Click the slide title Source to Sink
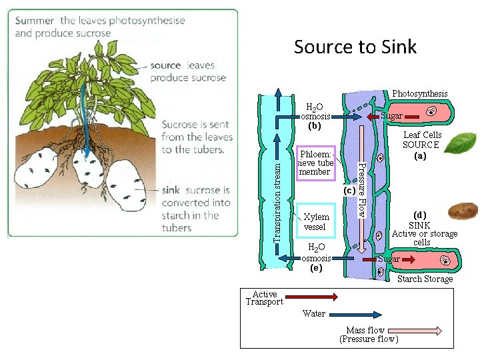(x=355, y=47)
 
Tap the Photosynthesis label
(x=419, y=94)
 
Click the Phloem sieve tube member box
(x=315, y=163)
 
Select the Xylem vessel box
(x=315, y=222)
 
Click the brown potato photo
(x=461, y=212)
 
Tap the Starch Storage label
(x=425, y=279)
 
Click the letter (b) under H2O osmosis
(x=315, y=125)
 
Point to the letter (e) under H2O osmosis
(x=315, y=268)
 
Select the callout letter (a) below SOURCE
(x=419, y=155)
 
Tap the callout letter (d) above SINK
(x=419, y=215)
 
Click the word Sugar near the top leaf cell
(x=391, y=116)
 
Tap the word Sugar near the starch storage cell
(x=389, y=259)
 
